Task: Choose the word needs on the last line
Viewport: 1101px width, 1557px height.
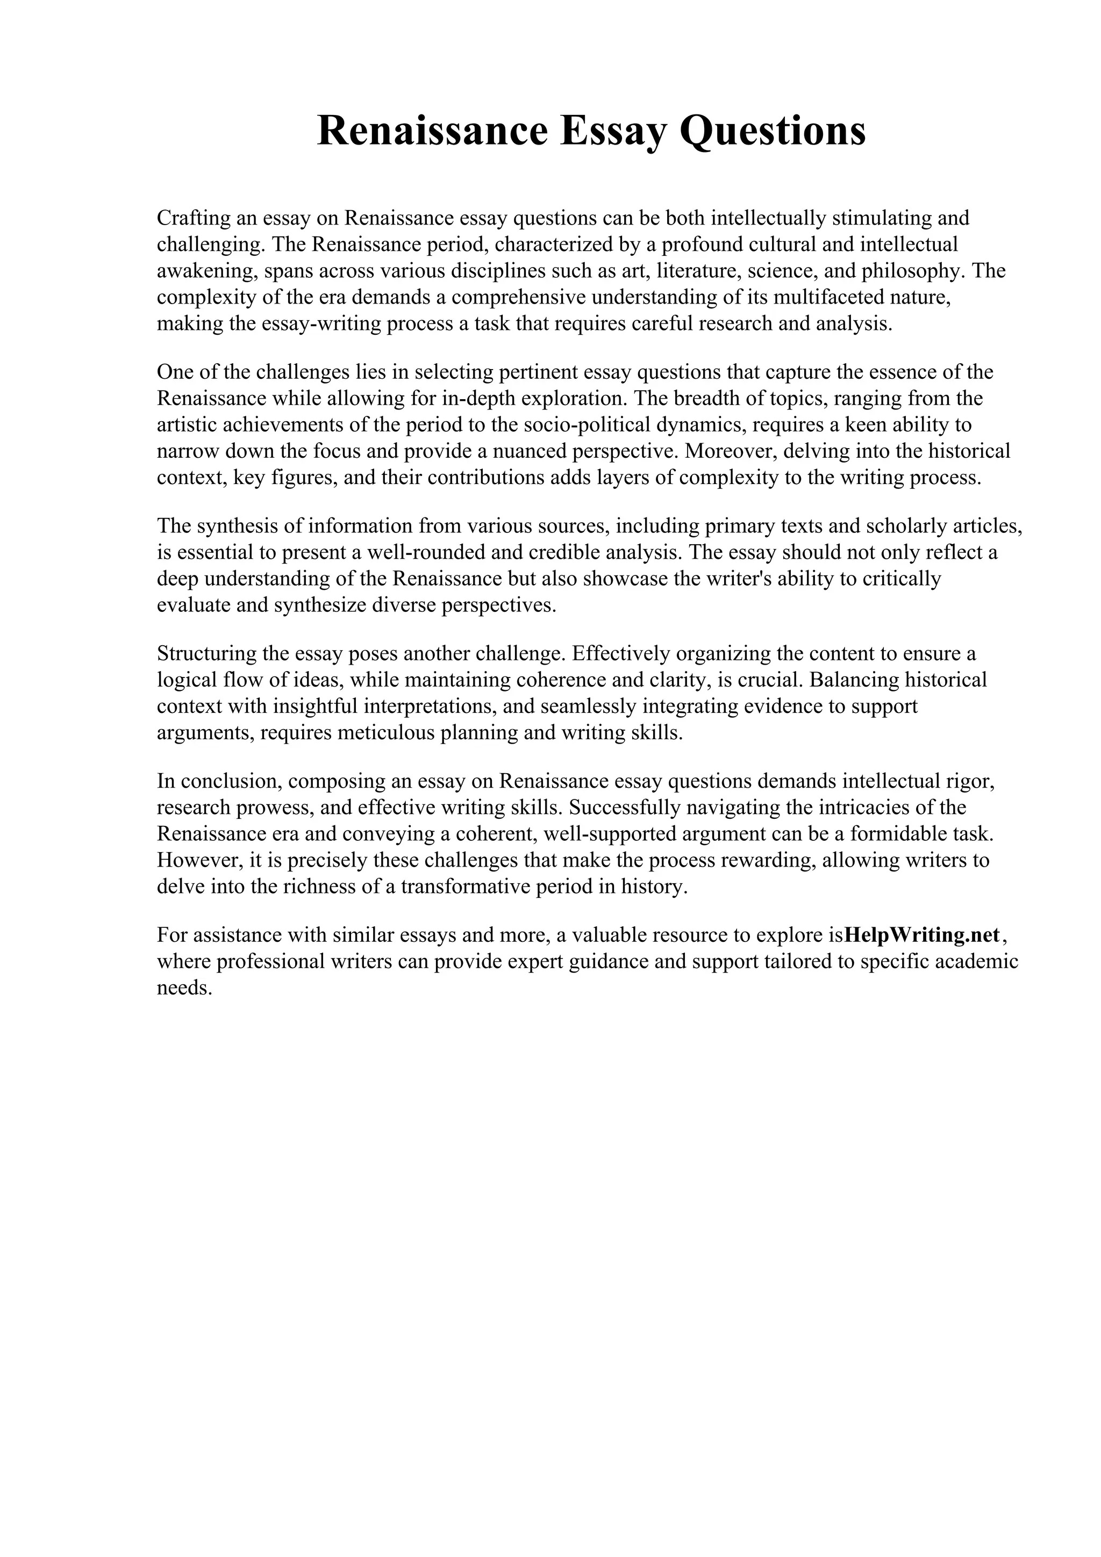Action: coord(184,988)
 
